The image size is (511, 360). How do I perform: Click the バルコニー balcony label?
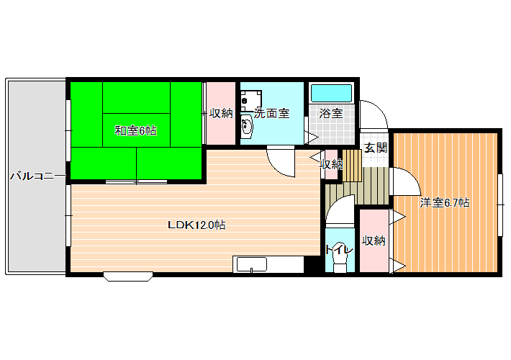pyautogui.click(x=37, y=176)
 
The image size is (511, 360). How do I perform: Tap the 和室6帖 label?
pyautogui.click(x=135, y=131)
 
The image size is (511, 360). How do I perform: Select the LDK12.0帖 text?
pyautogui.click(x=196, y=225)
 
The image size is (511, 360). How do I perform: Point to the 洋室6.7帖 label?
pyautogui.click(x=445, y=203)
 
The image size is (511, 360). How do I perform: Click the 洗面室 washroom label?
pyautogui.click(x=271, y=114)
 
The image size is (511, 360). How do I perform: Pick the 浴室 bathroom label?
pyautogui.click(x=331, y=114)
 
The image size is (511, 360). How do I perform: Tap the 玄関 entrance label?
pyautogui.click(x=376, y=148)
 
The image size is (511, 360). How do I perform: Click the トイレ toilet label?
pyautogui.click(x=339, y=250)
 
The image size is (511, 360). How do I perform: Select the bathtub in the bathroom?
pyautogui.click(x=332, y=94)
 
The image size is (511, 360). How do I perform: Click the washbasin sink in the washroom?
pyautogui.click(x=247, y=126)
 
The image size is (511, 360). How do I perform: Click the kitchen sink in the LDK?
pyautogui.click(x=252, y=264)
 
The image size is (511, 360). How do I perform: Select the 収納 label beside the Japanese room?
pyautogui.click(x=221, y=113)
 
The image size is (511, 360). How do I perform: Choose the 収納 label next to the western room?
pyautogui.click(x=374, y=240)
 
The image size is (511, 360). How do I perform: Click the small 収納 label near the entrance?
pyautogui.click(x=332, y=164)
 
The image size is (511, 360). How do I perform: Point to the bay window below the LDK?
pyautogui.click(x=128, y=276)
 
